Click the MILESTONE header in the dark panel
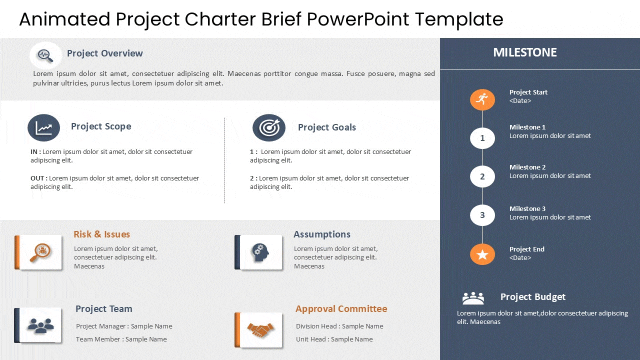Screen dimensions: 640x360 point(525,52)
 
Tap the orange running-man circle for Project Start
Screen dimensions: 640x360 point(482,99)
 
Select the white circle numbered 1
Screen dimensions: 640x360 point(482,138)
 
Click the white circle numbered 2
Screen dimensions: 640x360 point(482,176)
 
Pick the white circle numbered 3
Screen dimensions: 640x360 point(482,215)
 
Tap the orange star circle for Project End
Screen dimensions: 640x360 point(482,254)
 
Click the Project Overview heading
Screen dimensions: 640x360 point(105,53)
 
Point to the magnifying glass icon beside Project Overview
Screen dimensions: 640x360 point(45,55)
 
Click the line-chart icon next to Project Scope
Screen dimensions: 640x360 point(43,127)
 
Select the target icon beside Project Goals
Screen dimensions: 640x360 point(269,127)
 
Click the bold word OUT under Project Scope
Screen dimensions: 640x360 point(37,178)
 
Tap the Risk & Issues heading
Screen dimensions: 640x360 point(101,234)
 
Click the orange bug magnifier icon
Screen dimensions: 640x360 point(40,252)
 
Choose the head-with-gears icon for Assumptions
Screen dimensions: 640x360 point(260,252)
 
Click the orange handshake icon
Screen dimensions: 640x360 point(260,330)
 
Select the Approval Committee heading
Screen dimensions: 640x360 point(341,309)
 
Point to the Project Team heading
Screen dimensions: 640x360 point(103,309)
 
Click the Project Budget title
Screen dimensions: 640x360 point(533,297)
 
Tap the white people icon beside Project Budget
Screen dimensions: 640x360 point(473,298)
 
